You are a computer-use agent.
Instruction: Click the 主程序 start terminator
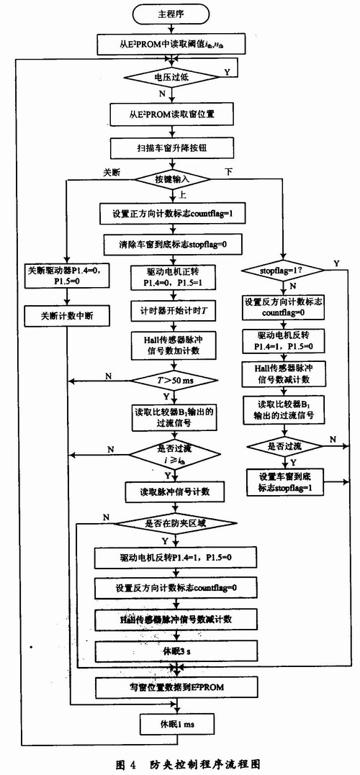coord(171,14)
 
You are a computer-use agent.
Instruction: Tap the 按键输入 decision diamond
coord(171,178)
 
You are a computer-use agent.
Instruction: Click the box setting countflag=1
coord(171,212)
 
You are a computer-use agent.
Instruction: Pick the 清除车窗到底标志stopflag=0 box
coord(171,243)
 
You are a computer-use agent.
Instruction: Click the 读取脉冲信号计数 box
coord(171,491)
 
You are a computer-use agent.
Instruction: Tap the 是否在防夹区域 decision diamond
coord(171,522)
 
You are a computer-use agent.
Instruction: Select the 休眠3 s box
coord(171,652)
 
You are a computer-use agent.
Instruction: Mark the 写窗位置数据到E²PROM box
coord(171,688)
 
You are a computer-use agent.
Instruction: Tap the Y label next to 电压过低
coord(228,71)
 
